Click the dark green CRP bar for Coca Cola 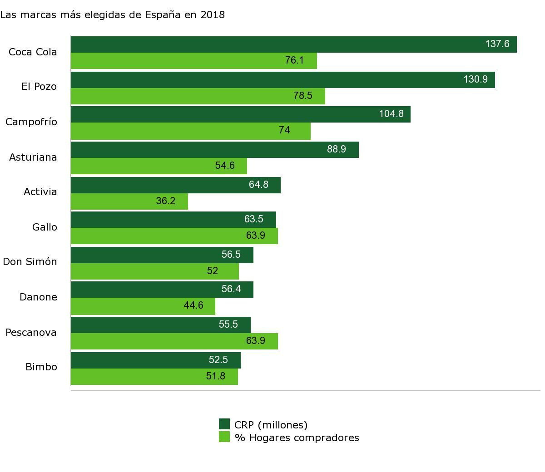tap(293, 44)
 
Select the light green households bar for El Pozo tap(198, 96)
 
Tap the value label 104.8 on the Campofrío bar tap(391, 114)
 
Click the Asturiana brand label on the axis tap(33, 157)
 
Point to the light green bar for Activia tap(129, 202)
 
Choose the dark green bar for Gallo tap(173, 220)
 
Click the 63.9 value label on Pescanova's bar tap(255, 341)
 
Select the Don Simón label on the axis tap(30, 262)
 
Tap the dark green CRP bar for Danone tap(162, 290)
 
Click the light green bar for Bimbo tap(154, 377)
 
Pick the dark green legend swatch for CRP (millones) tap(224, 424)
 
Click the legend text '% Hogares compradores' tap(297, 438)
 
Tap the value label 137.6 tap(497, 44)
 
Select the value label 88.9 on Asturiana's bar tap(336, 149)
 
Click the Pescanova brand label tap(31, 333)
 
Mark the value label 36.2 tap(165, 201)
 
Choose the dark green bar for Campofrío tap(241, 114)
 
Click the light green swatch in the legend tap(224, 437)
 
